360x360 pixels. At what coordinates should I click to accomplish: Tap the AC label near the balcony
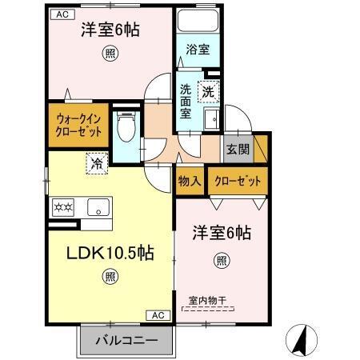[x=159, y=315]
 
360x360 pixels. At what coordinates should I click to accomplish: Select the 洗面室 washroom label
[x=185, y=100]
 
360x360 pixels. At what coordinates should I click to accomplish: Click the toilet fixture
[x=126, y=127]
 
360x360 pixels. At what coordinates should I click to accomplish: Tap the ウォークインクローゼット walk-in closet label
[x=79, y=126]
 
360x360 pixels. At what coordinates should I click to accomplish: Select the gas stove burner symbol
[x=62, y=207]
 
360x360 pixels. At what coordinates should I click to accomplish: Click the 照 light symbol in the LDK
[x=109, y=278]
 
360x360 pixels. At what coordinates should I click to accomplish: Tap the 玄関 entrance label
[x=237, y=149]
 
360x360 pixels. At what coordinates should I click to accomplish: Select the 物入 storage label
[x=190, y=181]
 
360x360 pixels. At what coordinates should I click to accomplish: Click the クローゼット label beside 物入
[x=238, y=181]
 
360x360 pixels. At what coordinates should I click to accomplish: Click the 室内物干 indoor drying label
[x=207, y=301]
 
